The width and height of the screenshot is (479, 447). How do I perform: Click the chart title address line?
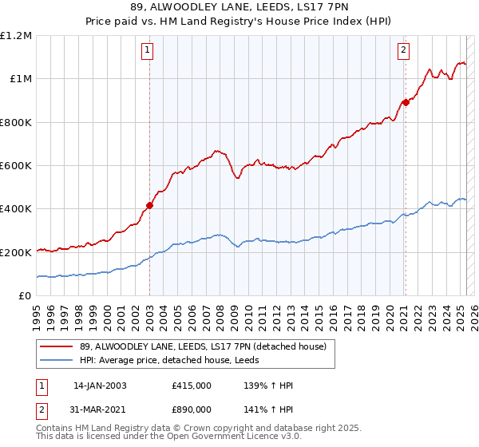click(239, 10)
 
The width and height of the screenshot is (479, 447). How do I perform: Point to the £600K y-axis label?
click(16, 165)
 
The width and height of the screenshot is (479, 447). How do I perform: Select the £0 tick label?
click(25, 295)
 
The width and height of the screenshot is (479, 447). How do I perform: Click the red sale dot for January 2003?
click(149, 205)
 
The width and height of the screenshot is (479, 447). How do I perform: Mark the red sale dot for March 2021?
click(406, 102)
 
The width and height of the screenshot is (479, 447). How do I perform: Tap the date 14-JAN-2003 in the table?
click(100, 386)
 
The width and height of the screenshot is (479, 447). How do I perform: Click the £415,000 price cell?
click(192, 386)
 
